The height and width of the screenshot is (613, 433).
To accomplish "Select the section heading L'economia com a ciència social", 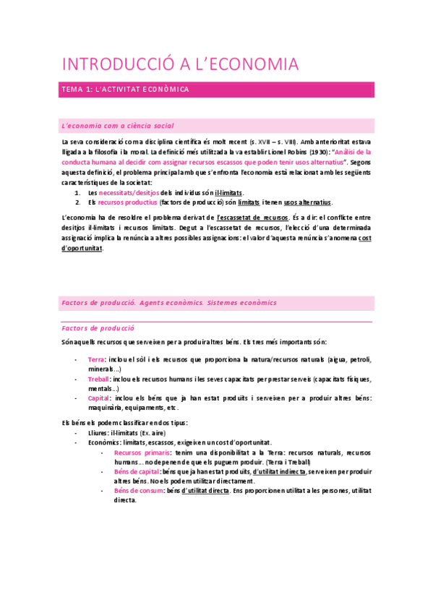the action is coord(118,126).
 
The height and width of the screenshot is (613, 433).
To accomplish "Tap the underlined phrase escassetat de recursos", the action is coord(252,218).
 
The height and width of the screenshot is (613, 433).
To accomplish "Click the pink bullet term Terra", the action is coord(95,359).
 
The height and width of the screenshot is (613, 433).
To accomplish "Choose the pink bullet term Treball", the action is coord(99,379).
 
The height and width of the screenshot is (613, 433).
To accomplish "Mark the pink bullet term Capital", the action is coord(98,398).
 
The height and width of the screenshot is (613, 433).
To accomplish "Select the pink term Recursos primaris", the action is coord(137,453).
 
